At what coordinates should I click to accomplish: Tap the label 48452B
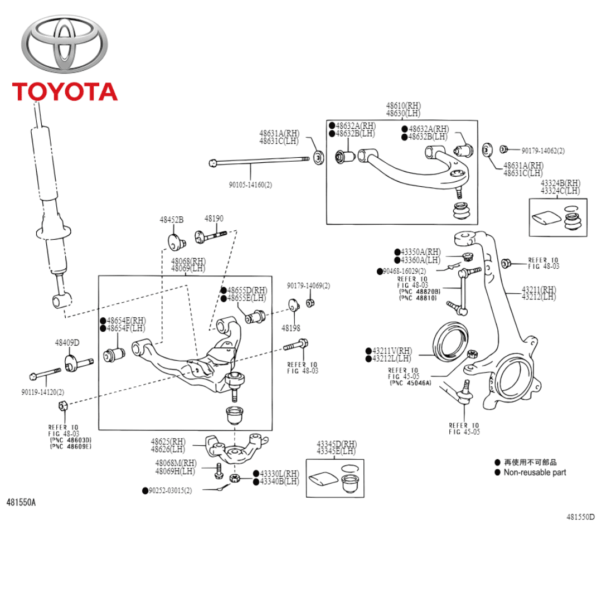pyautogui.click(x=172, y=220)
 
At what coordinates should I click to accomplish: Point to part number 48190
pyautogui.click(x=213, y=219)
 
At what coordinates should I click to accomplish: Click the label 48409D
pyautogui.click(x=67, y=342)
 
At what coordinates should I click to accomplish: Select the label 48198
pyautogui.click(x=290, y=328)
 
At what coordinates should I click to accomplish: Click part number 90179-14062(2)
pyautogui.click(x=543, y=151)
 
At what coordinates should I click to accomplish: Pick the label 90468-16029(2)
pyautogui.click(x=407, y=271)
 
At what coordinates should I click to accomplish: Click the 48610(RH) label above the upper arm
pyautogui.click(x=404, y=105)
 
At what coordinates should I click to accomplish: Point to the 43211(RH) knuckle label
pyautogui.click(x=538, y=289)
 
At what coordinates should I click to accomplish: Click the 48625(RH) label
pyautogui.click(x=168, y=441)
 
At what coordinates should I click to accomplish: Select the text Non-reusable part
pyautogui.click(x=535, y=472)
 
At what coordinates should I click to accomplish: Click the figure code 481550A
pyautogui.click(x=21, y=502)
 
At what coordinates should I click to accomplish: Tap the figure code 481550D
pyautogui.click(x=580, y=517)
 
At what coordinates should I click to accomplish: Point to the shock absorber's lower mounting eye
pyautogui.click(x=60, y=300)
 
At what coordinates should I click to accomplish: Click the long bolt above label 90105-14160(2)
pyautogui.click(x=259, y=163)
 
